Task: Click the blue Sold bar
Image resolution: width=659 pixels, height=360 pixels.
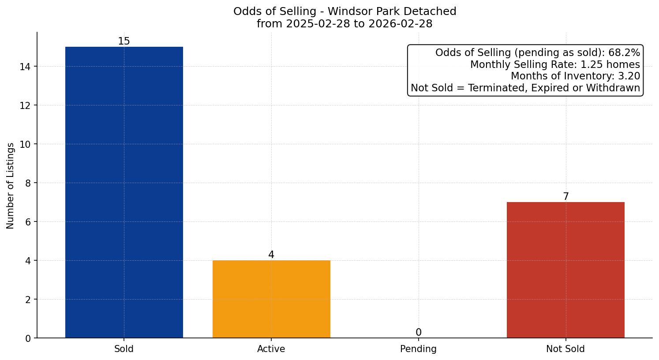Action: (x=124, y=192)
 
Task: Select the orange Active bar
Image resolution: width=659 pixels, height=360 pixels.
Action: (x=271, y=299)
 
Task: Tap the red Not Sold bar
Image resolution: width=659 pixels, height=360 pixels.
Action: (x=565, y=270)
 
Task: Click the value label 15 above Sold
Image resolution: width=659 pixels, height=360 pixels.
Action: (x=124, y=41)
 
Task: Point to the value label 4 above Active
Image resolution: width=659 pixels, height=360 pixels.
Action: (x=271, y=255)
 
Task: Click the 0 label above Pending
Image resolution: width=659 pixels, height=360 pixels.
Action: (x=418, y=333)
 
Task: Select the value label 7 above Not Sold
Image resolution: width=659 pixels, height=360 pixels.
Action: (x=565, y=197)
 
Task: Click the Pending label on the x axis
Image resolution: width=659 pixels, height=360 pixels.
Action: (x=418, y=349)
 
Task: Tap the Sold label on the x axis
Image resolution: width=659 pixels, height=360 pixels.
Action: (x=124, y=349)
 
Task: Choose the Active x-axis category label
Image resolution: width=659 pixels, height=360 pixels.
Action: (x=271, y=349)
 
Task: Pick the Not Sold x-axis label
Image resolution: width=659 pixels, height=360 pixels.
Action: (x=565, y=349)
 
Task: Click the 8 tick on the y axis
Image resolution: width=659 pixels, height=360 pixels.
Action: (x=28, y=183)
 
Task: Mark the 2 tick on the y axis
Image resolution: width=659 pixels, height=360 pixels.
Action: (x=28, y=300)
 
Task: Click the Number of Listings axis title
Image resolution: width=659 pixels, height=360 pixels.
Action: (x=11, y=185)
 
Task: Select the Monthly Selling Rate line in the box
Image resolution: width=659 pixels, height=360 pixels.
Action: (x=555, y=64)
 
